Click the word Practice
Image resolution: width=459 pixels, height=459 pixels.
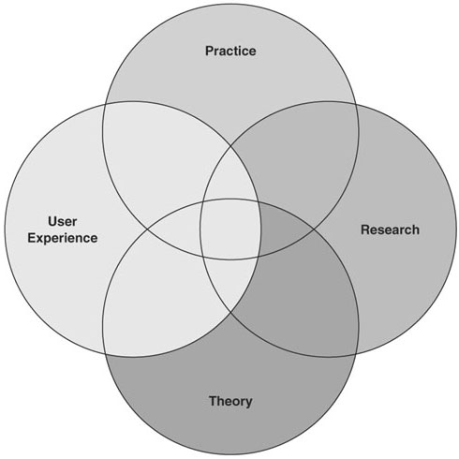[x=230, y=51]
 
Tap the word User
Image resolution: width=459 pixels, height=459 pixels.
[x=63, y=221]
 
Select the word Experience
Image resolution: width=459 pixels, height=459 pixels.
[x=63, y=238]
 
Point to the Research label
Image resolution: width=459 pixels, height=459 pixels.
[x=390, y=229]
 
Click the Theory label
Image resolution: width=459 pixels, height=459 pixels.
[x=230, y=401]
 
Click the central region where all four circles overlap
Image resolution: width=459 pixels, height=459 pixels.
[x=230, y=229]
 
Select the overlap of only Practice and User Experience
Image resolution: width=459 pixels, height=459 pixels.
[x=162, y=162]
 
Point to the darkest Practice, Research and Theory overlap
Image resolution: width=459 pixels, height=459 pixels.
[x=283, y=229]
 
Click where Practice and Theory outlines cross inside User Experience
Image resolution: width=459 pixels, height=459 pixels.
[x=147, y=229]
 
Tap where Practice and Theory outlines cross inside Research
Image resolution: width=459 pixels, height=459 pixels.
[x=314, y=229]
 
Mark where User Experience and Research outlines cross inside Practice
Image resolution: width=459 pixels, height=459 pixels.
[x=231, y=145]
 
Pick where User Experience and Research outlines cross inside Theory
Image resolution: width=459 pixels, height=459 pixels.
[x=231, y=312]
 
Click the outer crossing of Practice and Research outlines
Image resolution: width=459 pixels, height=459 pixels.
[x=356, y=103]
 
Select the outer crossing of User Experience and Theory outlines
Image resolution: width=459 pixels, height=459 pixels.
[x=105, y=353]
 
